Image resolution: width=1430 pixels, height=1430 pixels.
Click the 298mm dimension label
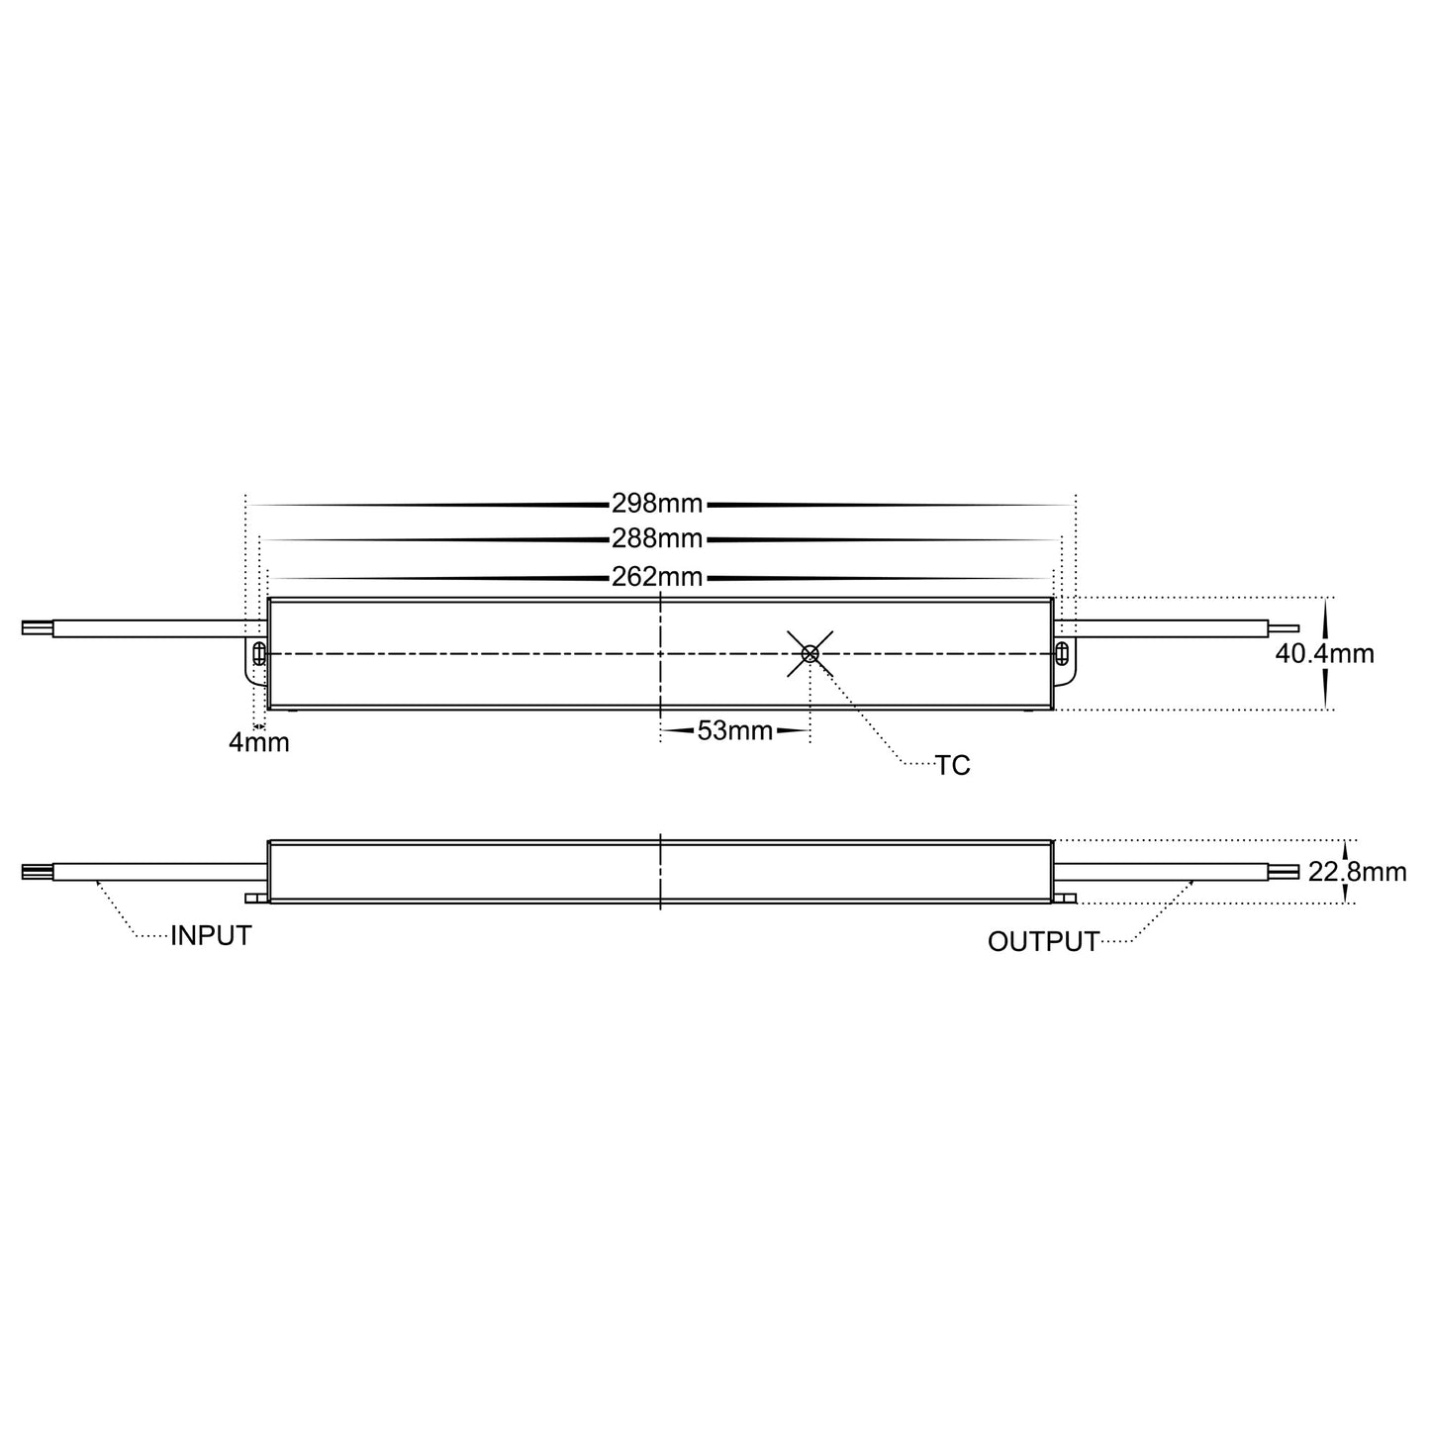[x=657, y=504]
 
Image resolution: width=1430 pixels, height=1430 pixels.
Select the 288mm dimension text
[x=657, y=539]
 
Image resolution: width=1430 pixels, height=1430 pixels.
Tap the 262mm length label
[x=657, y=576]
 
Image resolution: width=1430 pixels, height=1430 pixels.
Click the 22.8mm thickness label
[x=1357, y=872]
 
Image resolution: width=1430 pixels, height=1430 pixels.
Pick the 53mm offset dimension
[x=734, y=731]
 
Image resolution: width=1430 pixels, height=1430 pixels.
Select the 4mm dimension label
[x=259, y=742]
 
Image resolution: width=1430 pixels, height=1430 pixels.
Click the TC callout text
[x=953, y=766]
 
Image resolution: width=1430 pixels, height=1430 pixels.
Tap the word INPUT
[x=211, y=936]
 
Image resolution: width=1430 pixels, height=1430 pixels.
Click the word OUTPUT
[x=1043, y=942]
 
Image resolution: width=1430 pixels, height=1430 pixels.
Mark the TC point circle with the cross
[x=810, y=653]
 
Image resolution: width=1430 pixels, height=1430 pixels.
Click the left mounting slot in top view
[x=258, y=653]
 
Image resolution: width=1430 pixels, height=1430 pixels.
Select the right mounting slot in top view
[x=1062, y=653]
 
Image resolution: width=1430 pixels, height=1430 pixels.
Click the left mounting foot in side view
[x=256, y=898]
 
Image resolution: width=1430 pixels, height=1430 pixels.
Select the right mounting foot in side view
[x=1065, y=898]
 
